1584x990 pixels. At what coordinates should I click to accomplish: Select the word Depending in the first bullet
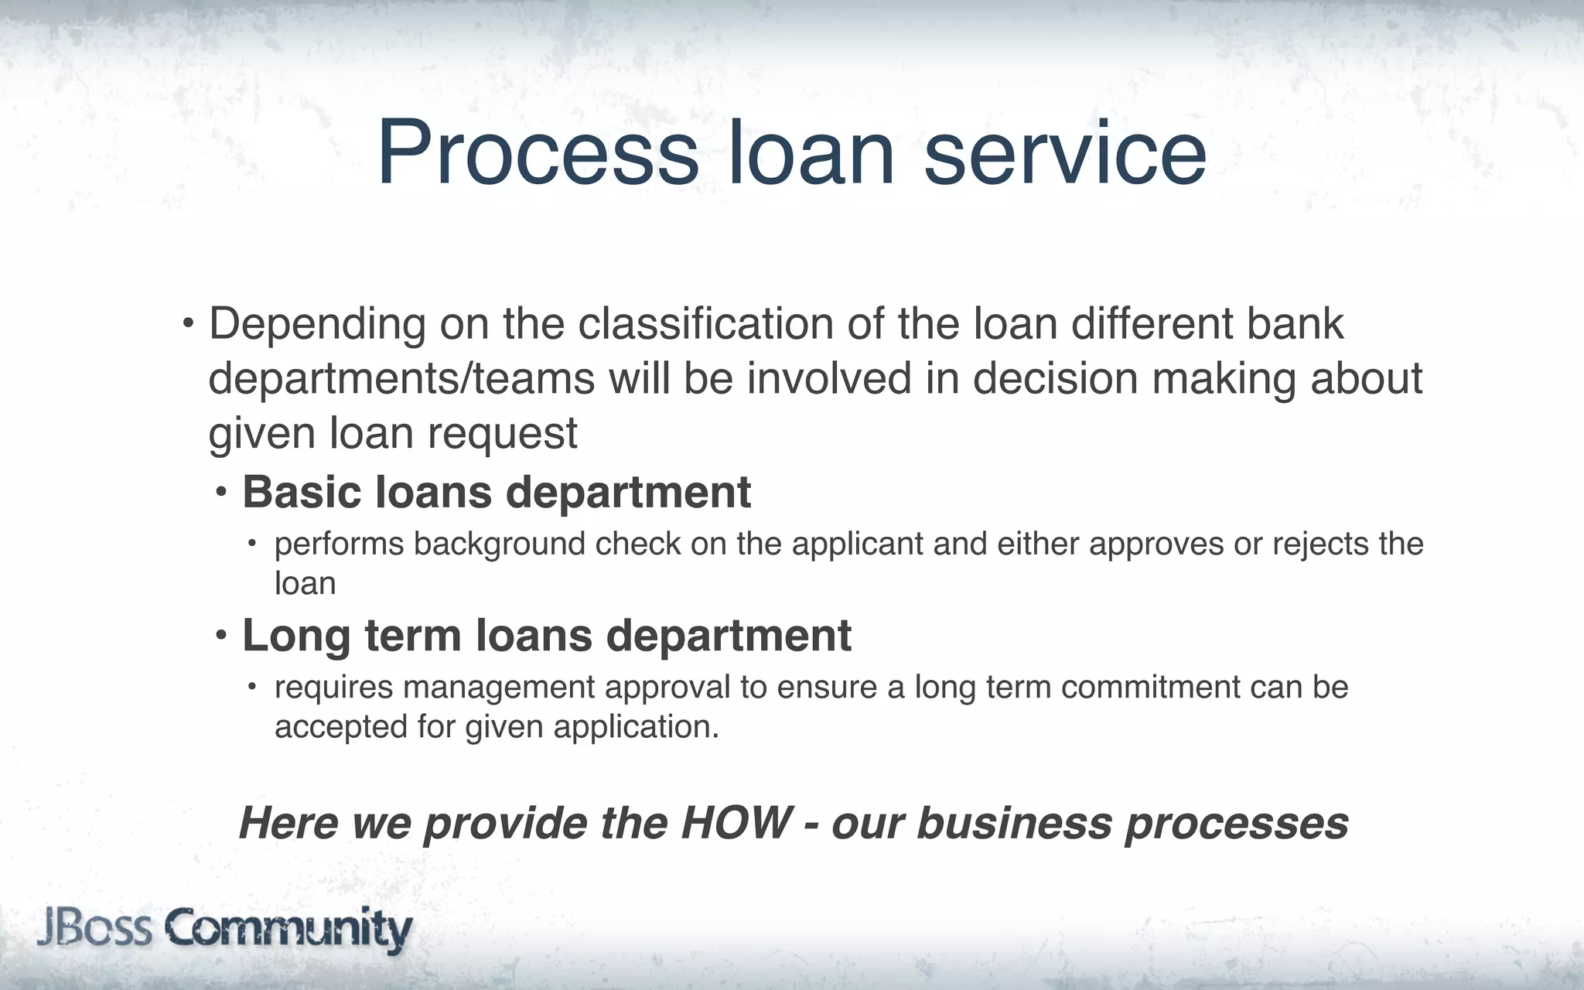tap(317, 325)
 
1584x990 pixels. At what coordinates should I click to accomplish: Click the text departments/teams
tap(401, 379)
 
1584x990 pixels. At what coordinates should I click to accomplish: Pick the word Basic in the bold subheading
tap(302, 492)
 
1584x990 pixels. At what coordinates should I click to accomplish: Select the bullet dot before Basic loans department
tap(222, 490)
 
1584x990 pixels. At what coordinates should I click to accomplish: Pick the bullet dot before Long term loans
tap(222, 635)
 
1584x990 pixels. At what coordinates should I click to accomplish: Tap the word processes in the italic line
tap(1237, 824)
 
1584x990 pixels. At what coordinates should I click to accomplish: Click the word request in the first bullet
tap(502, 433)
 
